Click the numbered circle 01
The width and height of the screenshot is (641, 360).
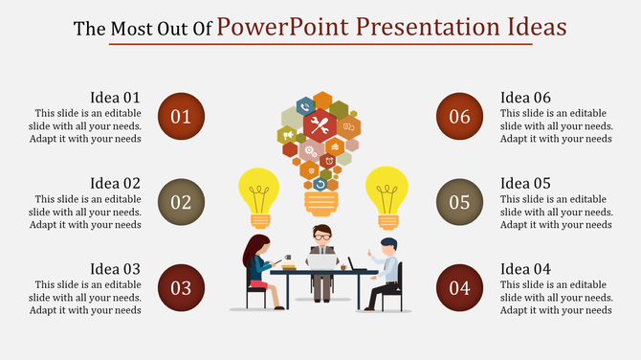(181, 117)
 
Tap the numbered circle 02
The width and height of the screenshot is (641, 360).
(181, 202)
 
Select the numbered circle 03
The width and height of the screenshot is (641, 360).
(181, 287)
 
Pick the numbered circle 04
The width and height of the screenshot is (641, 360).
(460, 287)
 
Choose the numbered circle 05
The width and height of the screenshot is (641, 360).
(460, 202)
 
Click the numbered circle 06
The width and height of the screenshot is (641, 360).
(460, 117)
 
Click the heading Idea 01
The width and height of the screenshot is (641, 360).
(115, 97)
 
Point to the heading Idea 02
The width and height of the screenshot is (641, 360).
(115, 183)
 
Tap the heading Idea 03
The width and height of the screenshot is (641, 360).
(115, 268)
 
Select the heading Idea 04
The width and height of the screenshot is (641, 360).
(526, 268)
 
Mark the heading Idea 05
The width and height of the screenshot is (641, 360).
(526, 183)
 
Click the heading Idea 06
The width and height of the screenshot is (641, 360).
(526, 97)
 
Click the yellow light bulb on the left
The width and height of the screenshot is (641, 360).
(257, 191)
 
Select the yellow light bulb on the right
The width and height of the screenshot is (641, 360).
(387, 191)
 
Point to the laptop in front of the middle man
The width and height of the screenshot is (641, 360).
(321, 259)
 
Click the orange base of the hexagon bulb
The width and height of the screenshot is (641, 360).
(320, 201)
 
